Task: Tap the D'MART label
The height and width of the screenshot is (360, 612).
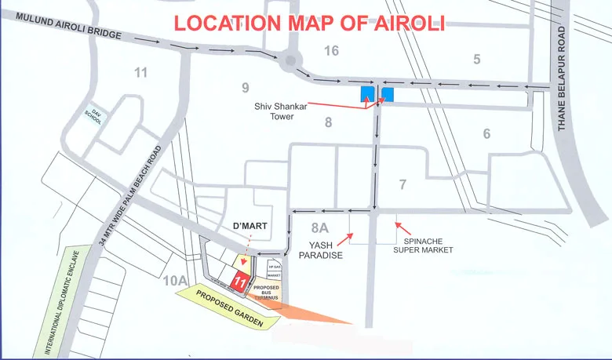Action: pos(251,226)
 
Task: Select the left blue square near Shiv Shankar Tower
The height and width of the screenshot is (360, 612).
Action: pos(366,95)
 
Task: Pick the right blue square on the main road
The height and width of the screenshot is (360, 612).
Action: pos(387,95)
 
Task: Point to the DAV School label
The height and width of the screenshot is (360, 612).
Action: pos(97,115)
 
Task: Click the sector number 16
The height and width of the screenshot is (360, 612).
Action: pos(330,51)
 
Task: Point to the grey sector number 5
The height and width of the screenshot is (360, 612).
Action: pos(475,59)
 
